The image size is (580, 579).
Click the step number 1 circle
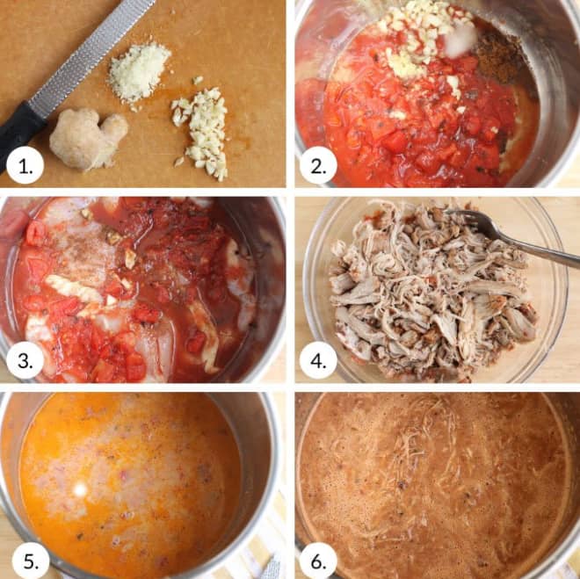tap(25, 166)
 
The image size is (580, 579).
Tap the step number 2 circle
tap(318, 166)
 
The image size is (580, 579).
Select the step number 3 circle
tap(25, 360)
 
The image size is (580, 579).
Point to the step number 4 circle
tap(318, 360)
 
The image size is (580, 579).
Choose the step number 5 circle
tap(31, 561)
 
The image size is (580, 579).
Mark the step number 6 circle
tap(318, 561)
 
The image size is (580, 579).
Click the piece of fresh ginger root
tap(88, 139)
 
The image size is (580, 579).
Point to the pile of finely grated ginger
tap(139, 72)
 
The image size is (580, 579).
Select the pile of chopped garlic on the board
tap(201, 131)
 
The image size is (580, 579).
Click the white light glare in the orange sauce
tap(80, 490)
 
